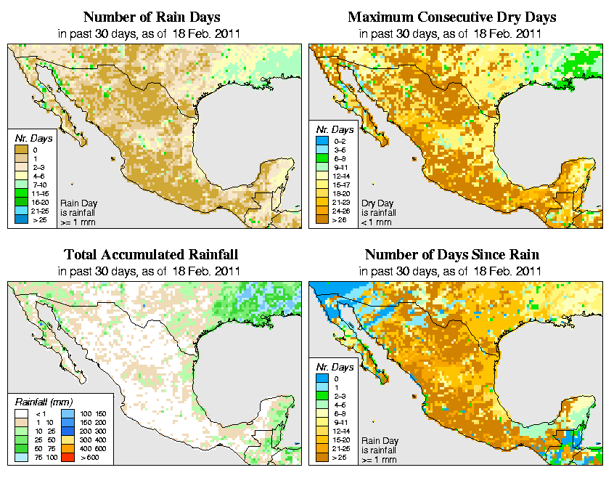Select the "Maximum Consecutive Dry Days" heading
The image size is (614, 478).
click(452, 17)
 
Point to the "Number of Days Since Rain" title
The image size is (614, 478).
click(452, 255)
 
